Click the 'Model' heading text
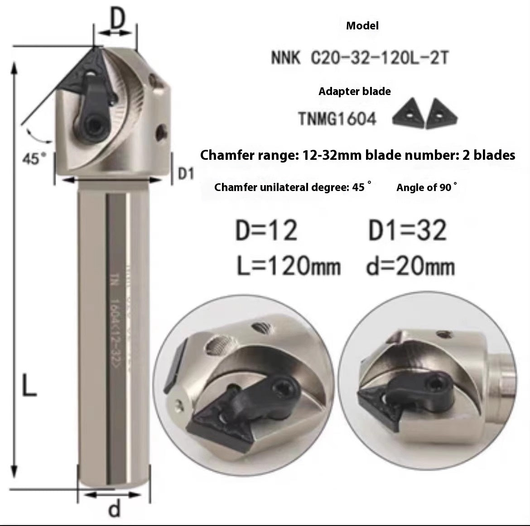click(362, 26)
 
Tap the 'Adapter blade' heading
click(354, 91)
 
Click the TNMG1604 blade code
click(337, 119)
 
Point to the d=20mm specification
click(410, 266)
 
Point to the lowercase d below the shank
click(115, 509)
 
